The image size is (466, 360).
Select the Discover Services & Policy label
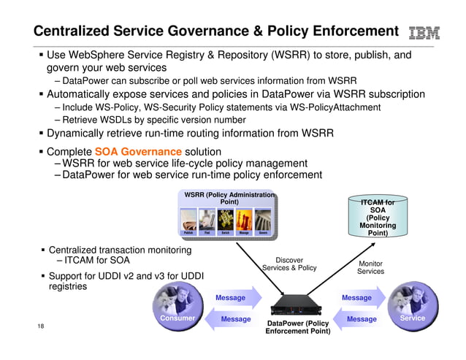point(289,264)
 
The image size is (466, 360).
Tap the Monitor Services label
point(370,267)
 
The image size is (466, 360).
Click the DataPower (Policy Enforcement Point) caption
point(297,326)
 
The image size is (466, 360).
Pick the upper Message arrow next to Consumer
point(234,298)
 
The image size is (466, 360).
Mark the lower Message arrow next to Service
point(358,319)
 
